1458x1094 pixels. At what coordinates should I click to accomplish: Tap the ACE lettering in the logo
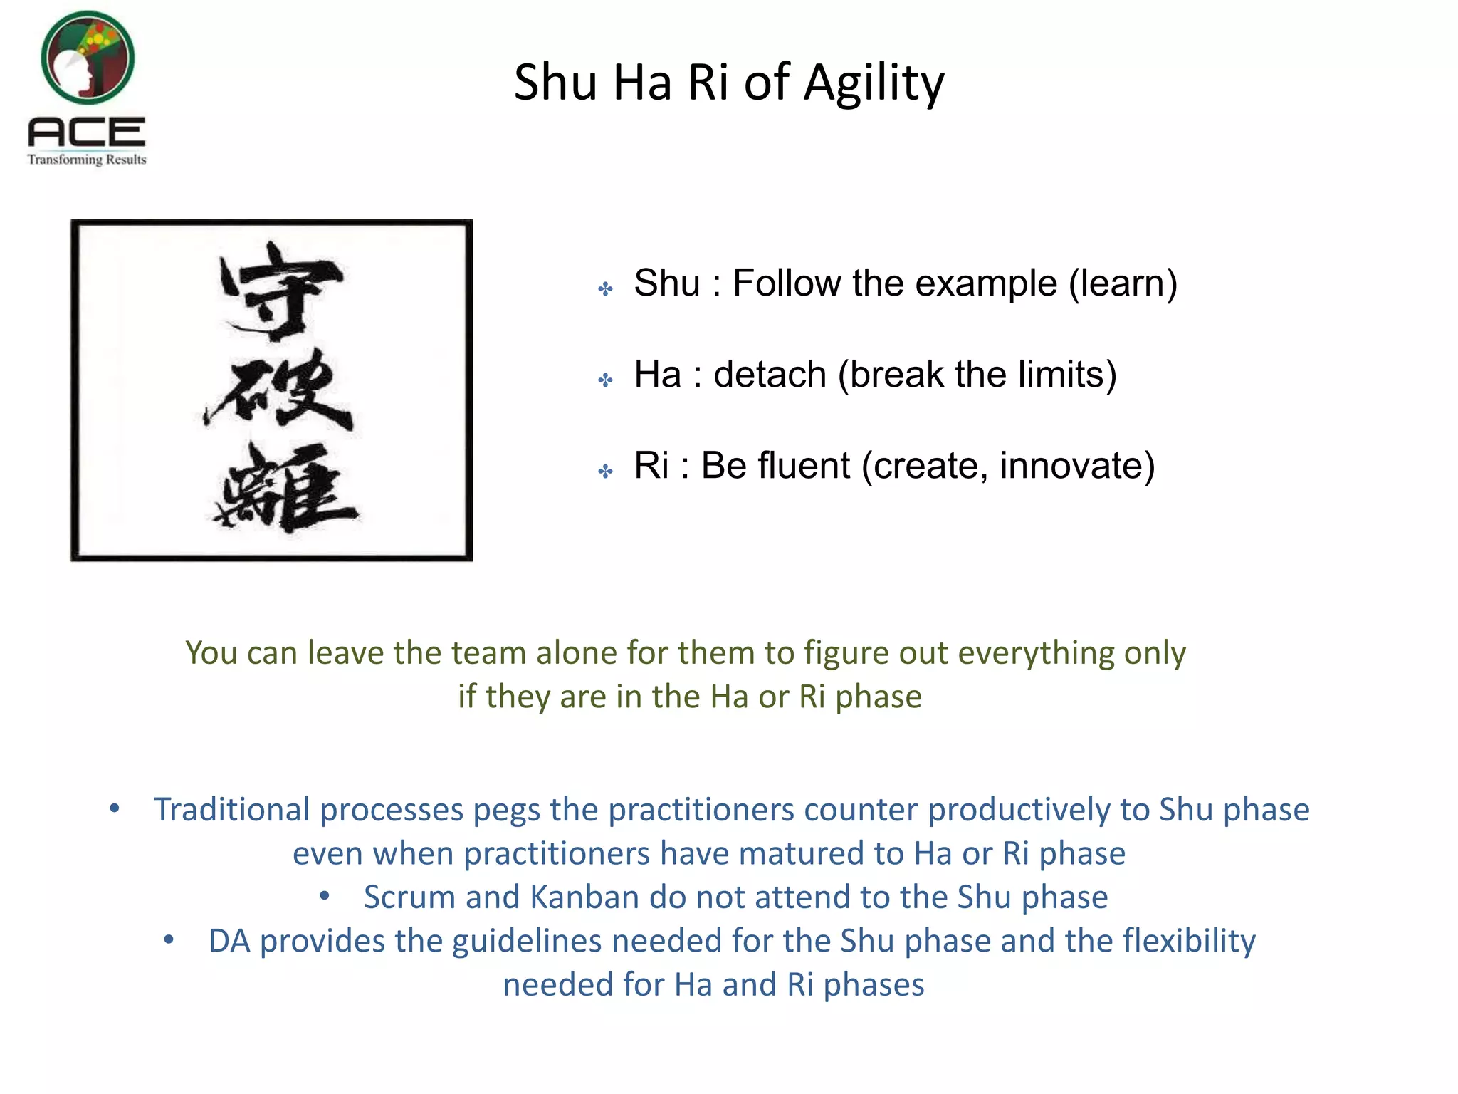pyautogui.click(x=87, y=133)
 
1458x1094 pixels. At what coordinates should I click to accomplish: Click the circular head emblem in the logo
pyautogui.click(x=88, y=58)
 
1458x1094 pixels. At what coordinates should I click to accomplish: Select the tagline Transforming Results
pyautogui.click(x=87, y=160)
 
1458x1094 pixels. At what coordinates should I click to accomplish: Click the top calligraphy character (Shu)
pyautogui.click(x=281, y=290)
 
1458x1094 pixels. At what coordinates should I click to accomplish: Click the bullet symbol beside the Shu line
pyautogui.click(x=606, y=288)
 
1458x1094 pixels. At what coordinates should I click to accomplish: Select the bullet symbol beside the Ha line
pyautogui.click(x=606, y=380)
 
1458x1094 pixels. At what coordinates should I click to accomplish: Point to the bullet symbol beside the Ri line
pyautogui.click(x=606, y=471)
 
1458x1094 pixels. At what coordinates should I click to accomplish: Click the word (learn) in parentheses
pyautogui.click(x=1123, y=283)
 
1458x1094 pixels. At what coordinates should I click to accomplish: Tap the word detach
pyautogui.click(x=770, y=375)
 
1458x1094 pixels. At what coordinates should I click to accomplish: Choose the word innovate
pyautogui.click(x=1076, y=466)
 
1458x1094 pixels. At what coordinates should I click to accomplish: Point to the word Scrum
pyautogui.click(x=409, y=897)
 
